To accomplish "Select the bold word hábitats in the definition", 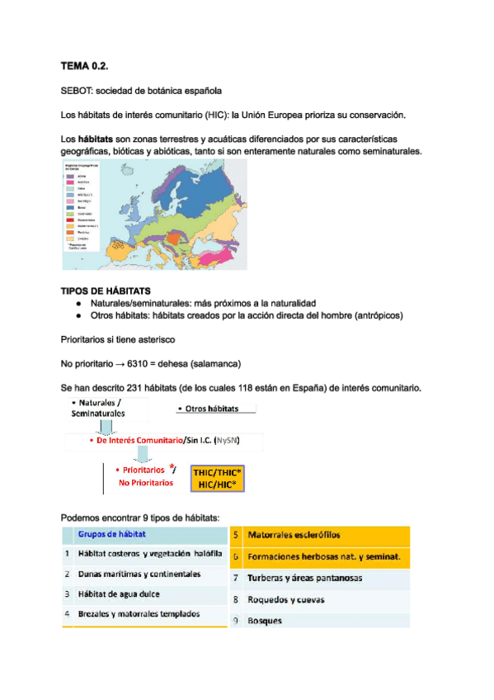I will click(95, 139).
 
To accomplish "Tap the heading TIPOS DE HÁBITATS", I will click(106, 291).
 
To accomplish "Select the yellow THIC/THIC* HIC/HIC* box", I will click(218, 478).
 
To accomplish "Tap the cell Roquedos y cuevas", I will click(285, 599).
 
